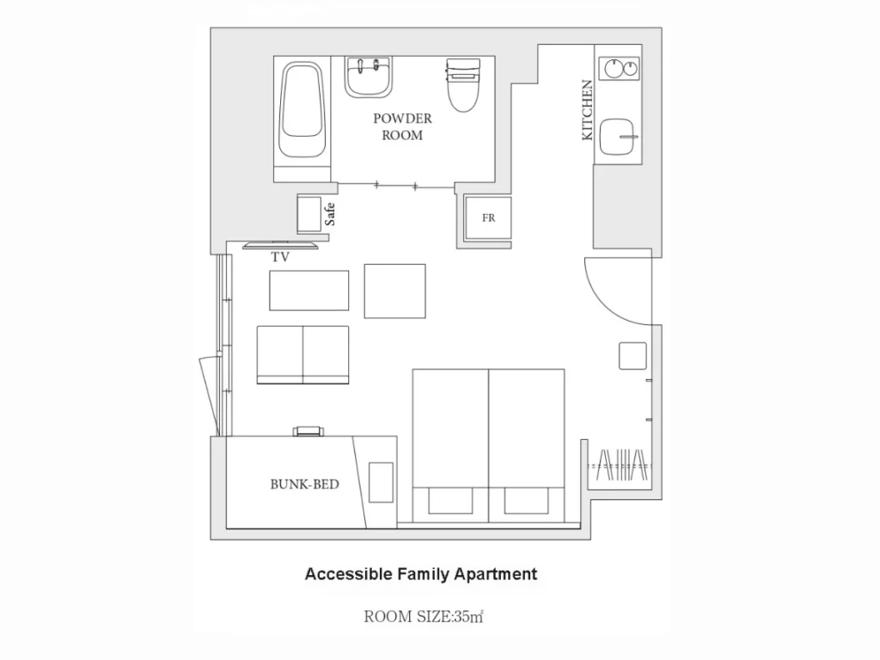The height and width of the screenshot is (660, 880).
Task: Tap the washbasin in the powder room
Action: tap(368, 76)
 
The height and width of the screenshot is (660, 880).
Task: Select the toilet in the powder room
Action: tap(463, 84)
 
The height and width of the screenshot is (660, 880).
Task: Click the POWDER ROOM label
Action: tap(402, 127)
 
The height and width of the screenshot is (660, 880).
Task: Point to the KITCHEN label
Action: tap(587, 110)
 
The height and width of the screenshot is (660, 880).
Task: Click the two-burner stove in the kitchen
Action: tap(619, 69)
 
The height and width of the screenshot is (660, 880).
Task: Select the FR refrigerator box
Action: tap(488, 217)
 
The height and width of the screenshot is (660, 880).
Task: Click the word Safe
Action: tap(330, 214)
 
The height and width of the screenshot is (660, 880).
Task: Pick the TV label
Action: tap(281, 257)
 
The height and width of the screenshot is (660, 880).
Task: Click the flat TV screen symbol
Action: tap(280, 245)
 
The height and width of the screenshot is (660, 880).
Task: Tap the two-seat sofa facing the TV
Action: tap(303, 355)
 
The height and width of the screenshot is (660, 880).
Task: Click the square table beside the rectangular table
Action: tap(394, 291)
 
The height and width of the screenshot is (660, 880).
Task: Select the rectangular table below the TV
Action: tap(309, 290)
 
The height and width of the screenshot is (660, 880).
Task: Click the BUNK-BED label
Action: tap(305, 485)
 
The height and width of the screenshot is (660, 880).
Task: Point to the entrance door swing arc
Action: tap(618, 291)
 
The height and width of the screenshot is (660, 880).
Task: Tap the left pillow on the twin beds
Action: tap(450, 501)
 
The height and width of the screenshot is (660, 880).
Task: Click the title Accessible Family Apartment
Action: tap(421, 574)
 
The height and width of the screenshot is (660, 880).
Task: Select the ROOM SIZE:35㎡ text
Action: tap(423, 617)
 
